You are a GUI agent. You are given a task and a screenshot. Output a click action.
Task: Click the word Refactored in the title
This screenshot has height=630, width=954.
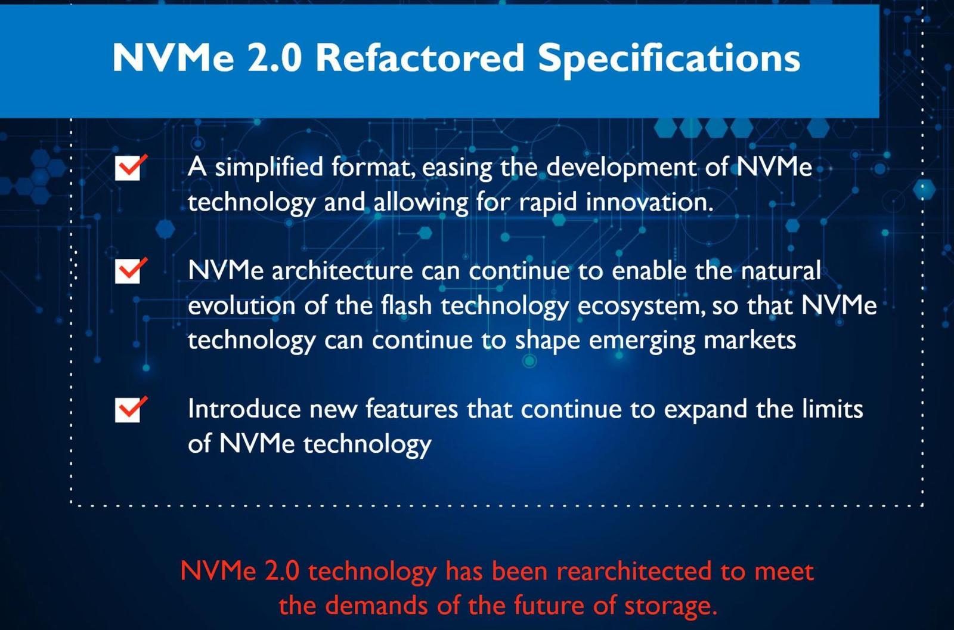tap(420, 58)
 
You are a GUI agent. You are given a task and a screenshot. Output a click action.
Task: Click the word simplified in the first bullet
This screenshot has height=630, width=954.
tap(269, 168)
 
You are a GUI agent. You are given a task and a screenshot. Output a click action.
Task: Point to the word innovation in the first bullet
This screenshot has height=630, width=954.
tap(649, 202)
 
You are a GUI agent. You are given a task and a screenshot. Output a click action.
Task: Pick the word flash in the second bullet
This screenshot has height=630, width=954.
tap(406, 305)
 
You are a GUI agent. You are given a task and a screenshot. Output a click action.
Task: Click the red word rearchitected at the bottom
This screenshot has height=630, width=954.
tap(634, 572)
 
